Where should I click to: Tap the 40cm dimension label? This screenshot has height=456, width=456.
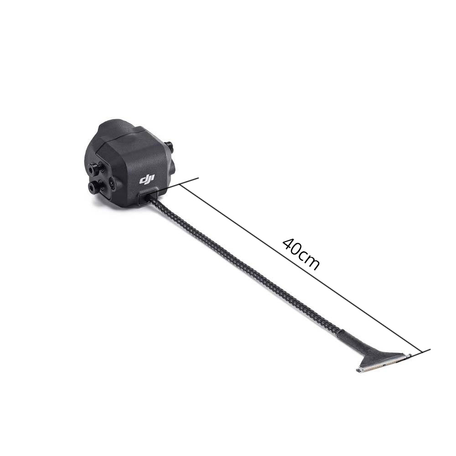pos(301,254)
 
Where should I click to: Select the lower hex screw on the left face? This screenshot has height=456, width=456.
pos(95,187)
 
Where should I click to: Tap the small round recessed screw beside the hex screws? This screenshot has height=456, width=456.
pos(112,183)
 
